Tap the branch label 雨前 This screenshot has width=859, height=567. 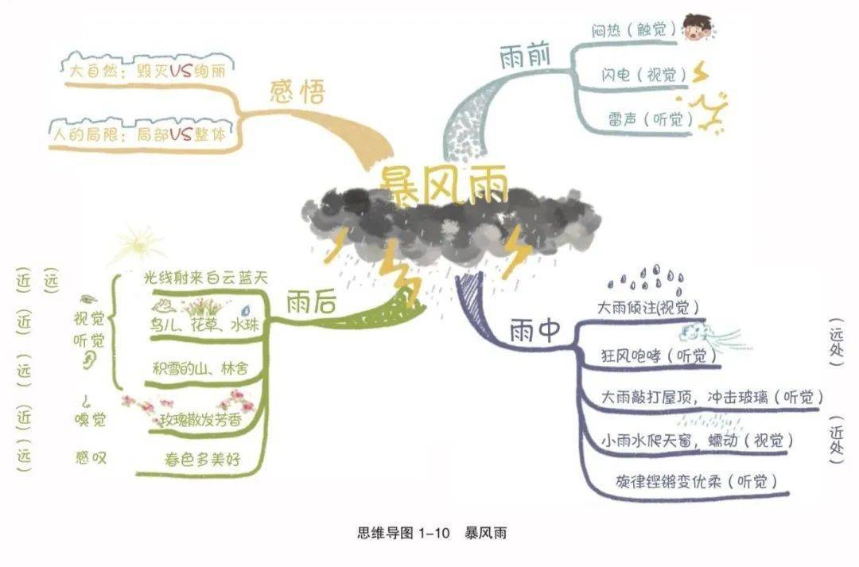tap(524, 56)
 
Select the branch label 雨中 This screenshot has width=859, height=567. tap(535, 330)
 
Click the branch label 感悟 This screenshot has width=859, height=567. tap(297, 91)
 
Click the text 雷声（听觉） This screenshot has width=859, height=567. tap(650, 118)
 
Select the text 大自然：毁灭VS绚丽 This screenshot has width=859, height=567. tap(147, 71)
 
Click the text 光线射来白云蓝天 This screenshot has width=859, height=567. tap(205, 278)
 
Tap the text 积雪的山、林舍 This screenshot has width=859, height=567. tap(200, 369)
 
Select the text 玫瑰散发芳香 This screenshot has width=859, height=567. tap(200, 420)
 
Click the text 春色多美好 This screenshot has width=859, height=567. tap(202, 459)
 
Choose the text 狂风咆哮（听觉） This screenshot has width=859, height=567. tap(659, 356)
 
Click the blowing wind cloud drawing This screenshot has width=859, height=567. tap(712, 335)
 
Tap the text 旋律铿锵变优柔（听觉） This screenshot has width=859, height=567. tap(696, 482)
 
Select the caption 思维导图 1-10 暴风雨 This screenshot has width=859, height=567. tap(432, 533)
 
